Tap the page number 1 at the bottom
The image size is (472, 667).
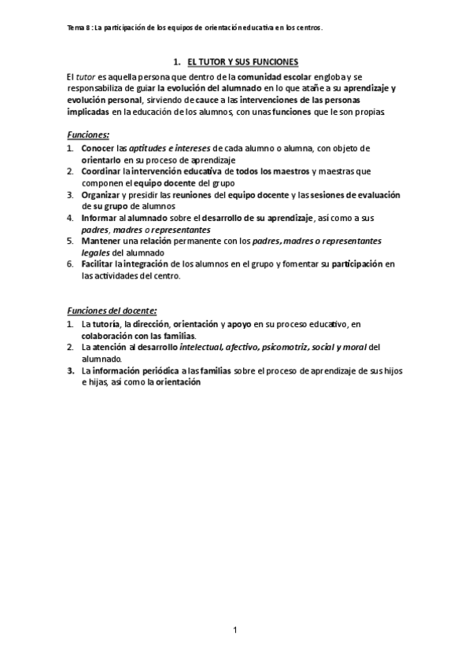235,629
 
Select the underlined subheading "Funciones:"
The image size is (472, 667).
89,135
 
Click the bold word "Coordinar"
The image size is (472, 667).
101,171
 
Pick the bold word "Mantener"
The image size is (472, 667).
100,241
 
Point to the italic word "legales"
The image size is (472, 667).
96,252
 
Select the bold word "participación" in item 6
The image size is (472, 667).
356,264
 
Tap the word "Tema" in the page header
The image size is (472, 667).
76,27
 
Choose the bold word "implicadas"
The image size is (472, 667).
90,112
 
